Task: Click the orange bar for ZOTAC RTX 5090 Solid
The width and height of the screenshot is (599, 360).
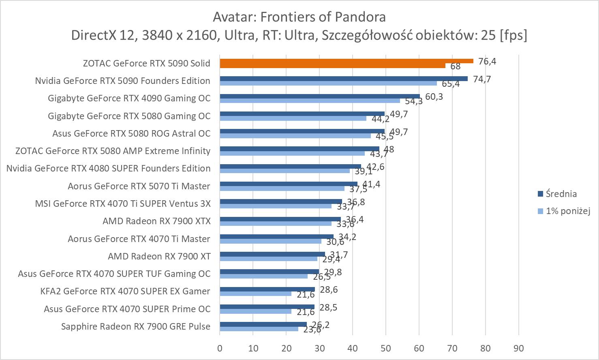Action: pyautogui.click(x=347, y=61)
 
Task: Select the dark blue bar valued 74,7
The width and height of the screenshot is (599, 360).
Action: pyautogui.click(x=344, y=79)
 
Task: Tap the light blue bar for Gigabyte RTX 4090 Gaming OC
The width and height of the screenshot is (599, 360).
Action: pyautogui.click(x=310, y=101)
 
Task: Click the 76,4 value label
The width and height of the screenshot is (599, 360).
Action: pyautogui.click(x=487, y=62)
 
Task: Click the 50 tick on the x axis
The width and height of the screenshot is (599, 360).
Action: pyautogui.click(x=386, y=348)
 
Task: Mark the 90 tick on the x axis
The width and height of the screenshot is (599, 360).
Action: pyautogui.click(x=519, y=348)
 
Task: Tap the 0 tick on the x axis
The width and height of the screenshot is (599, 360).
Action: pyautogui.click(x=220, y=348)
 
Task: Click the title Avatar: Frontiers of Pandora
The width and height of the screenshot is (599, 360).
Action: pyautogui.click(x=299, y=17)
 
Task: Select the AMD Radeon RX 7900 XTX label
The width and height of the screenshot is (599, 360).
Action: pyautogui.click(x=156, y=221)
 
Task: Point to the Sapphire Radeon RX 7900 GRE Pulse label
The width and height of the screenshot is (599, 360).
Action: pyautogui.click(x=136, y=326)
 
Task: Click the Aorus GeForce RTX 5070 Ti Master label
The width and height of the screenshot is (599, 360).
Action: pyautogui.click(x=139, y=186)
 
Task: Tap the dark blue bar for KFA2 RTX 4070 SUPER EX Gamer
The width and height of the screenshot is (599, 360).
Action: pyautogui.click(x=267, y=289)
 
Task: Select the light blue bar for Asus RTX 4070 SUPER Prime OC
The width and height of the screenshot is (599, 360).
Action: pyautogui.click(x=256, y=311)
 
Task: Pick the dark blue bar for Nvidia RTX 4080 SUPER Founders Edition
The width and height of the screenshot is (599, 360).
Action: pyautogui.click(x=290, y=166)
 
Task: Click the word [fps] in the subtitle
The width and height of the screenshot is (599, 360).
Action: pyautogui.click(x=513, y=35)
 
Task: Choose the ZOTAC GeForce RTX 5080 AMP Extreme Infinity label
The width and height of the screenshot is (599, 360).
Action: pyautogui.click(x=113, y=151)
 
